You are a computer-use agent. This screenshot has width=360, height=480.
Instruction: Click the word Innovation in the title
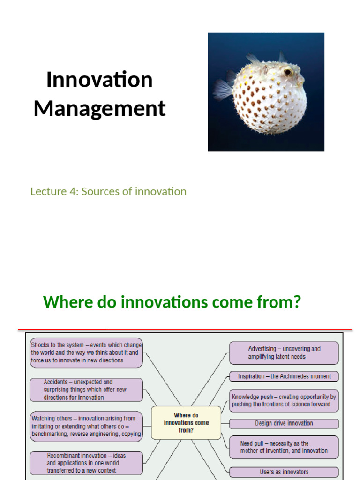[99, 80]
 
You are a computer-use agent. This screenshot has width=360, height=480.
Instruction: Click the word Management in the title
[99, 108]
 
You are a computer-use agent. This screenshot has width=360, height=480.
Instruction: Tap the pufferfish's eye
[288, 72]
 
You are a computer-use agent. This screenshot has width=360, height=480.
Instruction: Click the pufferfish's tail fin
[223, 89]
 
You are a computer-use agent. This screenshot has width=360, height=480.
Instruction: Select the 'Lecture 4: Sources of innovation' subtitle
[108, 191]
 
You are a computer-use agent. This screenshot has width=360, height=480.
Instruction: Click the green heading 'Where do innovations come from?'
[172, 302]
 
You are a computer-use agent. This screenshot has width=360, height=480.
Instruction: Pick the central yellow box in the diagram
[186, 422]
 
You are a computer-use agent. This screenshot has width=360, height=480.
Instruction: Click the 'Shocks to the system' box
[86, 352]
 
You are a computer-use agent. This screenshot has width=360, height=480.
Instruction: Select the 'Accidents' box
[86, 390]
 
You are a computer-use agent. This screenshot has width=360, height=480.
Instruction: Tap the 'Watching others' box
[86, 426]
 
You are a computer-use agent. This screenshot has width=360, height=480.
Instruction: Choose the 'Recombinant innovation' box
[86, 463]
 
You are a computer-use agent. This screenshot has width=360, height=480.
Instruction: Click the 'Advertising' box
[284, 352]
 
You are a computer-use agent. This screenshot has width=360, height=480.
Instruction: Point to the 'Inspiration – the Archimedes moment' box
[284, 376]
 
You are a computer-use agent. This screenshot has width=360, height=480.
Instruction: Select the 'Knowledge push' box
[284, 400]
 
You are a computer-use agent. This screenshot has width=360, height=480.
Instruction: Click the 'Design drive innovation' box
[284, 423]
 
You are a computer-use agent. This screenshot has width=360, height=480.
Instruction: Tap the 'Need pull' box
[284, 447]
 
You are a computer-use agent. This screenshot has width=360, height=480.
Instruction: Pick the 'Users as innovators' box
[284, 472]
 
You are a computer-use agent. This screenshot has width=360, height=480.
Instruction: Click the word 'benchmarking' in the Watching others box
[50, 434]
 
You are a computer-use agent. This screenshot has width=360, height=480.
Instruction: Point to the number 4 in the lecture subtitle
[66, 191]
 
